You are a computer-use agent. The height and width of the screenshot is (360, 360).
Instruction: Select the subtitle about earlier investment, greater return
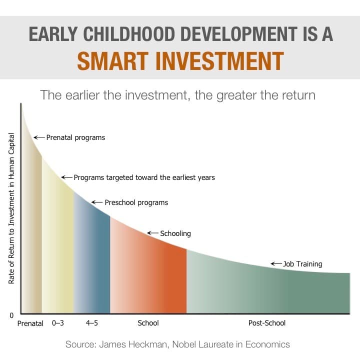[x=177, y=95]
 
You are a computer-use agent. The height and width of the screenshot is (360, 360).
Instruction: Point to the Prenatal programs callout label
[x=75, y=137]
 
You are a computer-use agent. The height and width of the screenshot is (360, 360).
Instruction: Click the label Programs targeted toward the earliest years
[x=144, y=177]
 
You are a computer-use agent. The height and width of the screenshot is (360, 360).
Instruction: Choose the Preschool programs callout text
[x=136, y=202]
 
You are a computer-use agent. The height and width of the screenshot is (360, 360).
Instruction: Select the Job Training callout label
[x=302, y=264]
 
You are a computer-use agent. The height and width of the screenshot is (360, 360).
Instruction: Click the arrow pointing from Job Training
[x=276, y=264]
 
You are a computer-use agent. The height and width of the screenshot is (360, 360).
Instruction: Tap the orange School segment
[x=148, y=275]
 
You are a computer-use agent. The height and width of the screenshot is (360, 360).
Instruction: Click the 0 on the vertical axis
[x=10, y=315]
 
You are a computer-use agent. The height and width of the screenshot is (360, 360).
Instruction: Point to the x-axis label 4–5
[x=91, y=323]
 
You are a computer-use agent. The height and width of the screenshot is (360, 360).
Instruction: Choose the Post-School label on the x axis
[x=267, y=323]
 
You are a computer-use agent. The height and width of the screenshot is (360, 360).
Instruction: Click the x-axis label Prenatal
[x=30, y=323]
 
